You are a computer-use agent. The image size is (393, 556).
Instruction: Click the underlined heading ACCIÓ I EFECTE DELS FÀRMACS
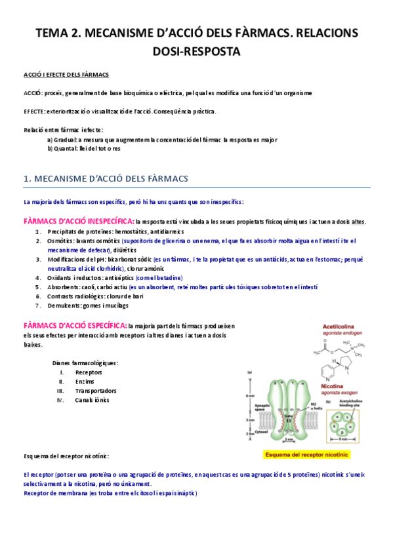[66, 75]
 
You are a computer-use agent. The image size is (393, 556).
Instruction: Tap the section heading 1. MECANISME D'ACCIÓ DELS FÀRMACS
[106, 178]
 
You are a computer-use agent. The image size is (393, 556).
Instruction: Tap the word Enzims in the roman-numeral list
[85, 381]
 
